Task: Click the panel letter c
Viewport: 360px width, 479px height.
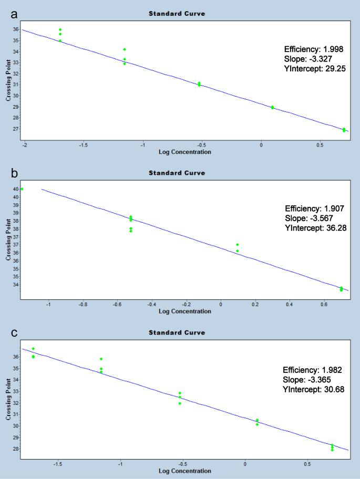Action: click(15, 332)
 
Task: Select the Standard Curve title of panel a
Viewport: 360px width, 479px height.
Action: click(177, 13)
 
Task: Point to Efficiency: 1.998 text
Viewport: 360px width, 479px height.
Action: click(314, 49)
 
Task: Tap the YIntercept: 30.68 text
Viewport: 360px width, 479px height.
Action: click(314, 390)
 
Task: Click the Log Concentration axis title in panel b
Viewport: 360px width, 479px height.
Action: click(184, 311)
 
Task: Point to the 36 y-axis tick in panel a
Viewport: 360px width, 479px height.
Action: click(16, 29)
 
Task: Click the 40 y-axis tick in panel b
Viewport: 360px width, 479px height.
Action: click(16, 189)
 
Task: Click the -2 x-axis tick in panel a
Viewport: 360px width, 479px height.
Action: click(24, 145)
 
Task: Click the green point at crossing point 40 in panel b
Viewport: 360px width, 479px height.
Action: click(22, 189)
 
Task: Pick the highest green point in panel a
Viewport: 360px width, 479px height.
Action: click(60, 29)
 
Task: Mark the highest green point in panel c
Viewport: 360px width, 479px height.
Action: click(33, 349)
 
